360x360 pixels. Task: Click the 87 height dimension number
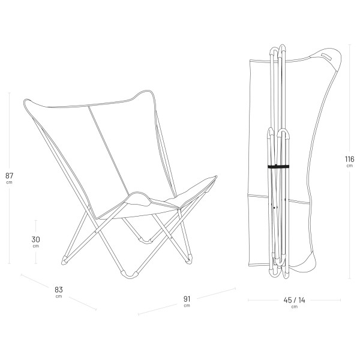9,175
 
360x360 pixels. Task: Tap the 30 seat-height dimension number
35,239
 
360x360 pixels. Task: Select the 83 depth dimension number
59,289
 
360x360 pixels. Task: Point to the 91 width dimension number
187,299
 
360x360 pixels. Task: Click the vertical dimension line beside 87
9,132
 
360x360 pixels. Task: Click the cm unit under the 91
187,306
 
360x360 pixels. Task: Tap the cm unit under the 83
59,296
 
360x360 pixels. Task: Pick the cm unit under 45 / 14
294,307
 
